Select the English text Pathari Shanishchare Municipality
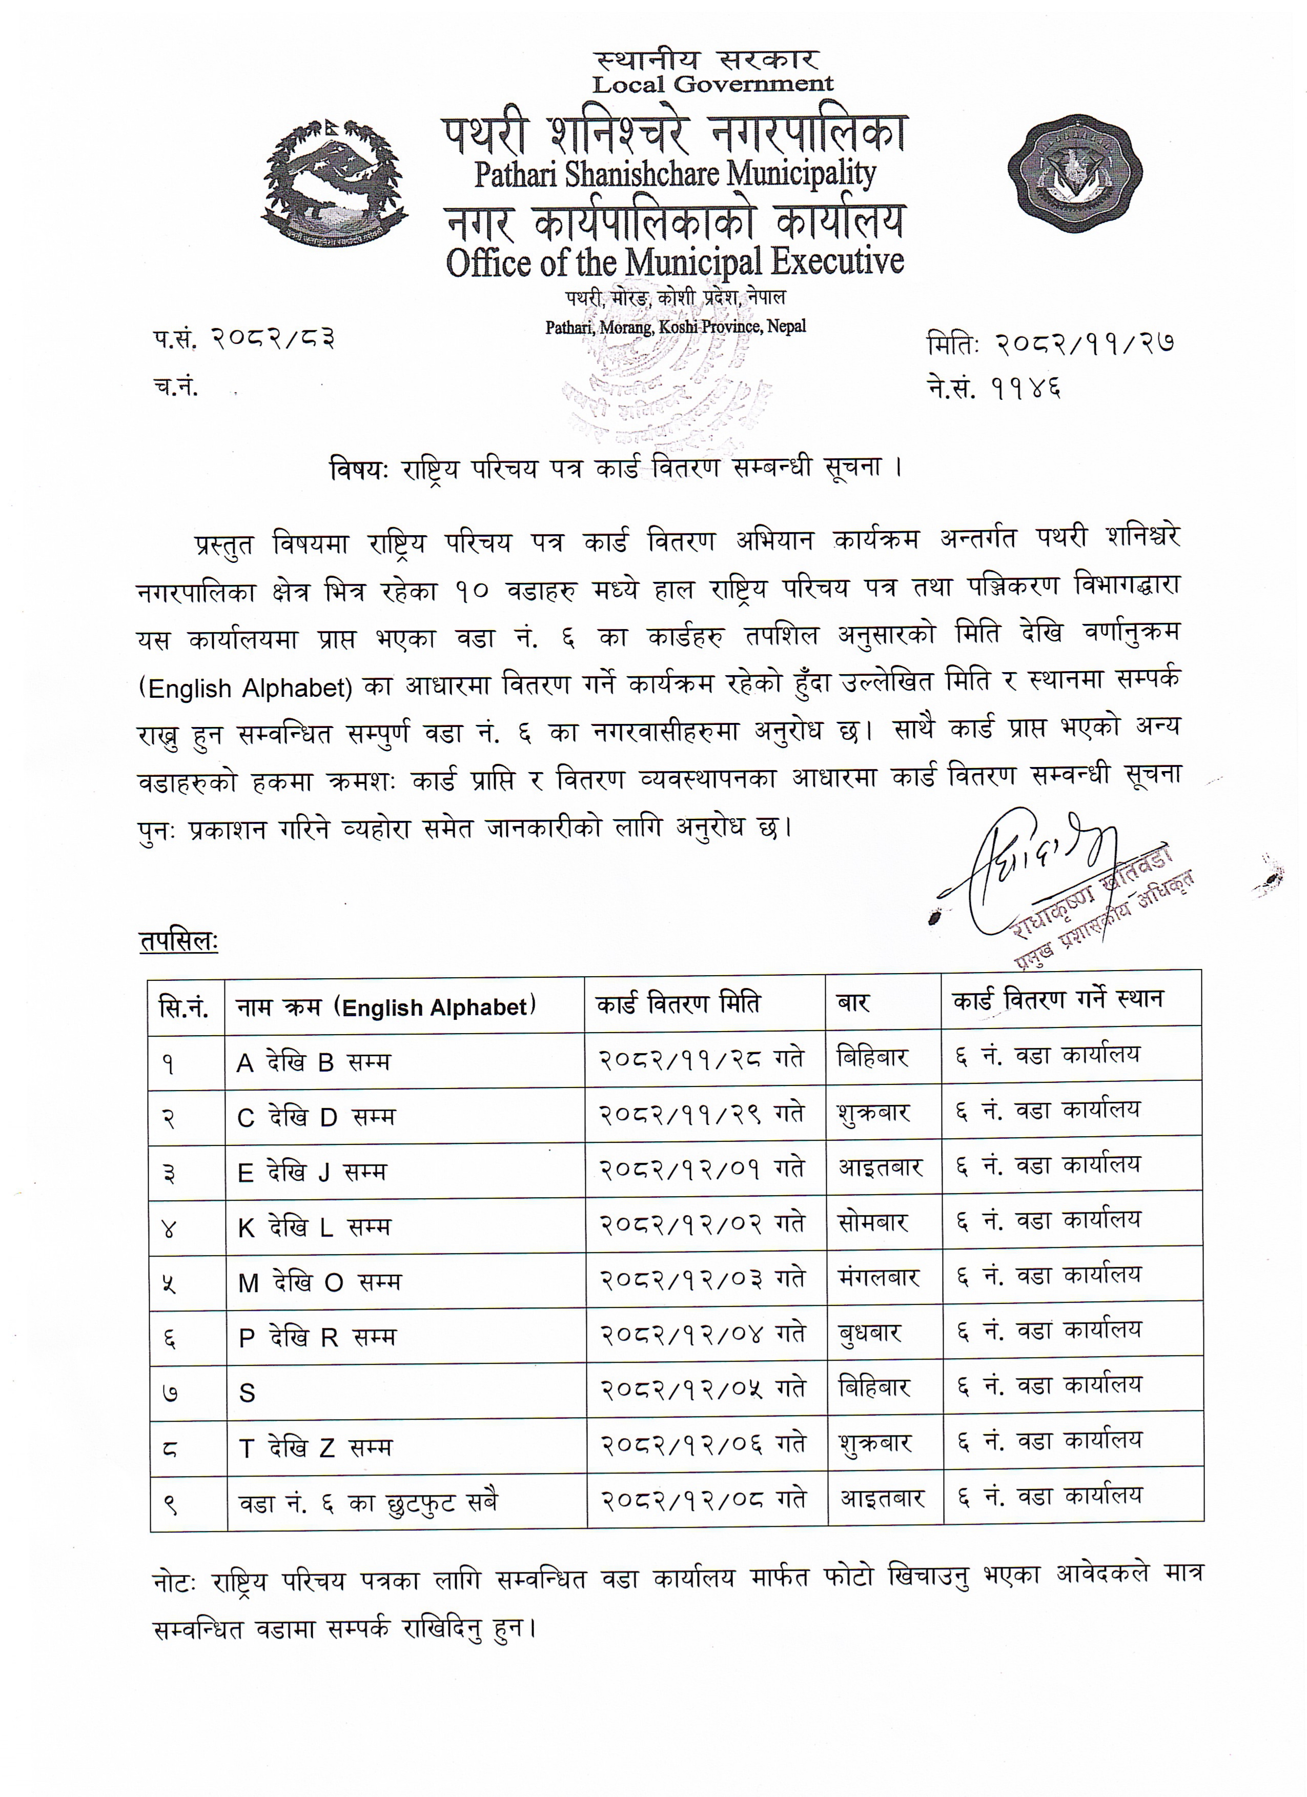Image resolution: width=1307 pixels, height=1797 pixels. coord(675,173)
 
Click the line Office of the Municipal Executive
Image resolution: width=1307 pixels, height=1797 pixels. coord(675,263)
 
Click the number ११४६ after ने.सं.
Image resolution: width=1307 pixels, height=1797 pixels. coord(1027,388)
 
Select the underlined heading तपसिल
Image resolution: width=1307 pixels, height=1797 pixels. coord(178,941)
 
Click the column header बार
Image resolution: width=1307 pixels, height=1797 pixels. coord(853,1003)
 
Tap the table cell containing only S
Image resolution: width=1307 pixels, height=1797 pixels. coord(247,1392)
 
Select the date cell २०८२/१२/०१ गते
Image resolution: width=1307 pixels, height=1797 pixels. coord(702,1168)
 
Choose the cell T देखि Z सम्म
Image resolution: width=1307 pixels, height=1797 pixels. coord(315,1447)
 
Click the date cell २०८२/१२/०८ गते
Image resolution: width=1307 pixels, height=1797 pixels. coord(703,1499)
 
